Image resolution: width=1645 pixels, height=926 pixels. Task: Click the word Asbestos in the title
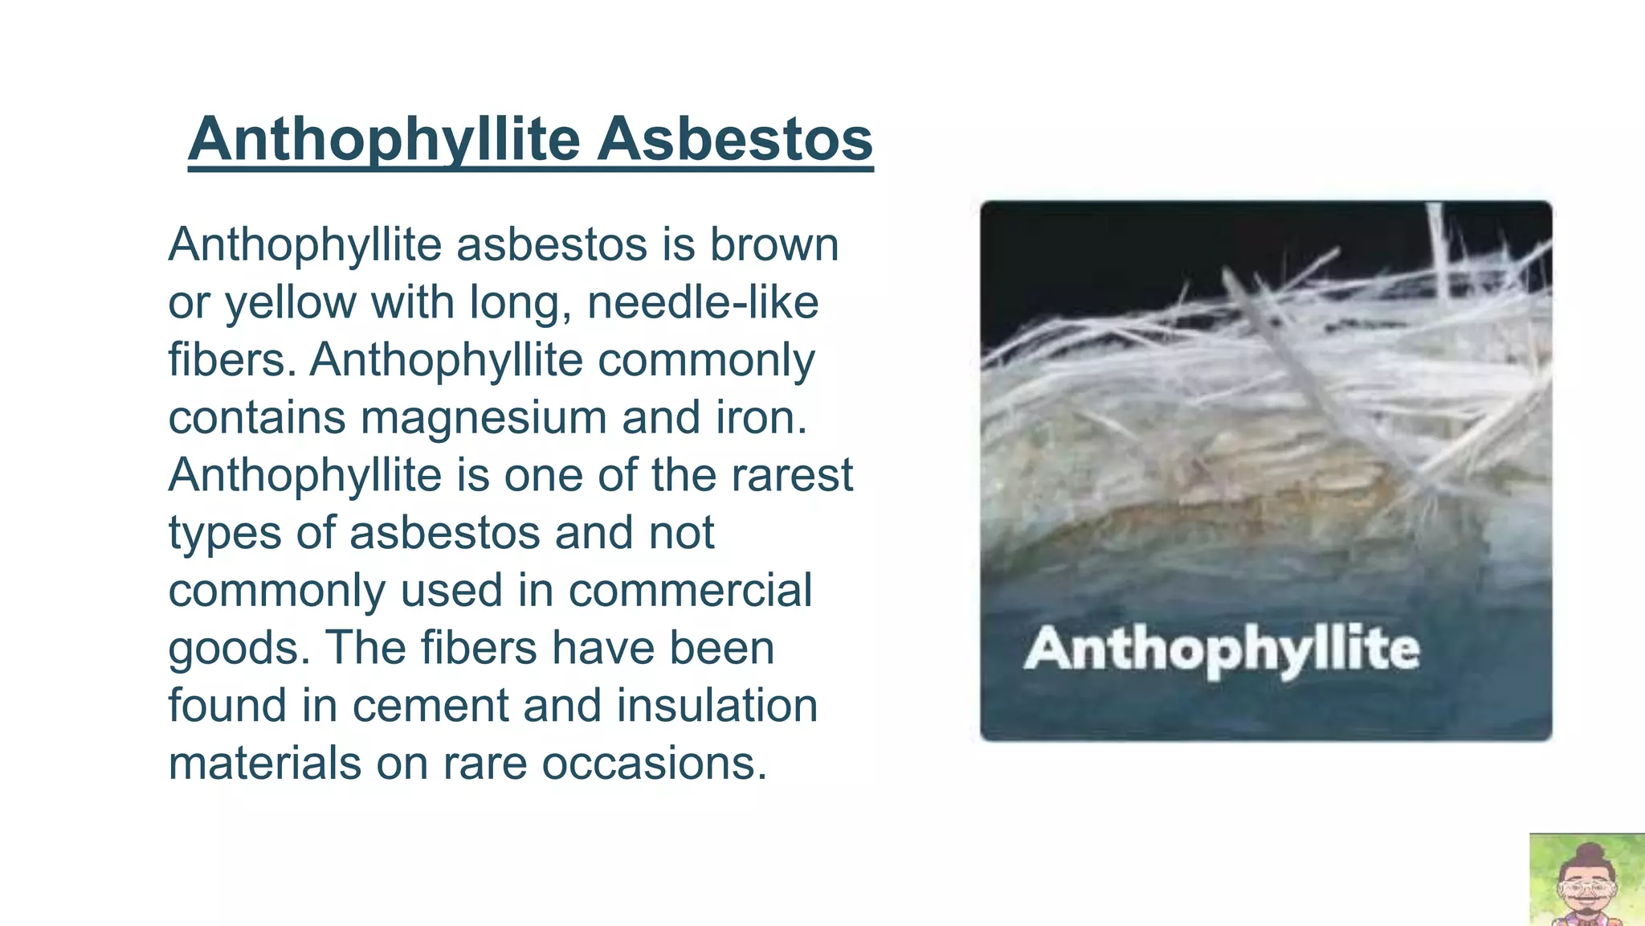pyautogui.click(x=734, y=139)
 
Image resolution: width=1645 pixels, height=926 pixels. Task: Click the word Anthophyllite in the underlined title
pyautogui.click(x=384, y=139)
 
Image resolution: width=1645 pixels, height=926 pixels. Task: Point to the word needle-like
pyautogui.click(x=703, y=303)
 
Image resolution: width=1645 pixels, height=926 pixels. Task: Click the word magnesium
pyautogui.click(x=483, y=418)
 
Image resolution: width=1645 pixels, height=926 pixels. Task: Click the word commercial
pyautogui.click(x=690, y=590)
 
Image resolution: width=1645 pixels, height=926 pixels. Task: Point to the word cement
pyautogui.click(x=429, y=706)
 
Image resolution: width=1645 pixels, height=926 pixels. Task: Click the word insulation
pyautogui.click(x=716, y=706)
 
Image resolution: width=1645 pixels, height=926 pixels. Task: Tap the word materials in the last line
pyautogui.click(x=264, y=763)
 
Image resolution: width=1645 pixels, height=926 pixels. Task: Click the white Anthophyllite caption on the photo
pyautogui.click(x=1222, y=649)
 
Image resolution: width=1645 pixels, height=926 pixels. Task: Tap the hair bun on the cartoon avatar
pyautogui.click(x=1589, y=851)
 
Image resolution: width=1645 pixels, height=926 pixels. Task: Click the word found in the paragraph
pyautogui.click(x=227, y=706)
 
